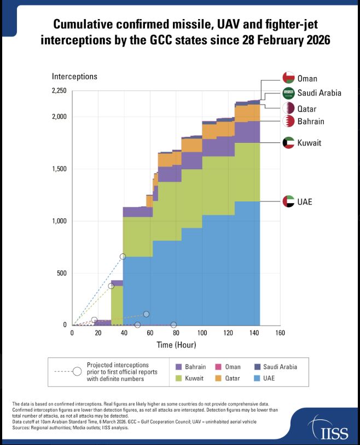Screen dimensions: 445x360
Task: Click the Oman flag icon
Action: (x=288, y=78)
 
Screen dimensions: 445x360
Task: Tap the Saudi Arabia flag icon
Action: (x=288, y=93)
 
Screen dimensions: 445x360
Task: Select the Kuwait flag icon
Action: (x=288, y=143)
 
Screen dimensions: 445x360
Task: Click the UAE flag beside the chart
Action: (x=288, y=201)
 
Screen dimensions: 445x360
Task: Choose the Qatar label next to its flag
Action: (x=307, y=109)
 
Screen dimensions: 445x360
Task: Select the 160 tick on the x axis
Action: (x=280, y=333)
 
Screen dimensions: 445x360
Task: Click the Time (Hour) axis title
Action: (x=176, y=345)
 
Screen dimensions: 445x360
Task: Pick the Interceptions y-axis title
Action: (x=74, y=76)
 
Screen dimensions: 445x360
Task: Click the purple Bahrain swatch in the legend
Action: (x=178, y=367)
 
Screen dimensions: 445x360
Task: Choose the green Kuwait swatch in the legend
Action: (x=178, y=378)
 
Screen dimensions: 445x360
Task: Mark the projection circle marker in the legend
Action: (x=78, y=371)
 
